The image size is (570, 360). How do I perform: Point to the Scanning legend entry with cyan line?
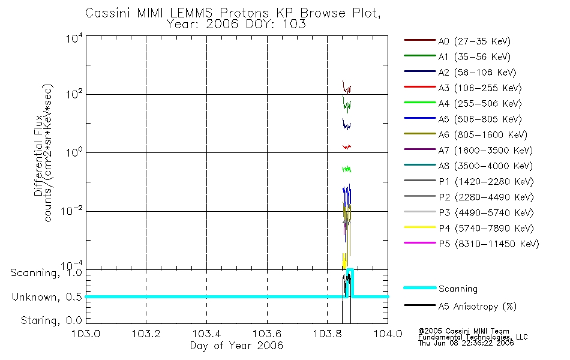(x=458, y=289)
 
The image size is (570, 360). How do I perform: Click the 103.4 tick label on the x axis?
(x=206, y=335)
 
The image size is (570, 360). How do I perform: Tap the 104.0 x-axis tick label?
(x=388, y=335)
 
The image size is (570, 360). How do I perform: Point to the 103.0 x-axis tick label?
(x=86, y=335)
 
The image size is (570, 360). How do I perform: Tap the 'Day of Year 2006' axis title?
(x=236, y=346)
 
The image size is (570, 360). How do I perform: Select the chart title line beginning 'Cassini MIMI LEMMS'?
(x=235, y=13)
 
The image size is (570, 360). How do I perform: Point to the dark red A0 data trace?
(x=346, y=88)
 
